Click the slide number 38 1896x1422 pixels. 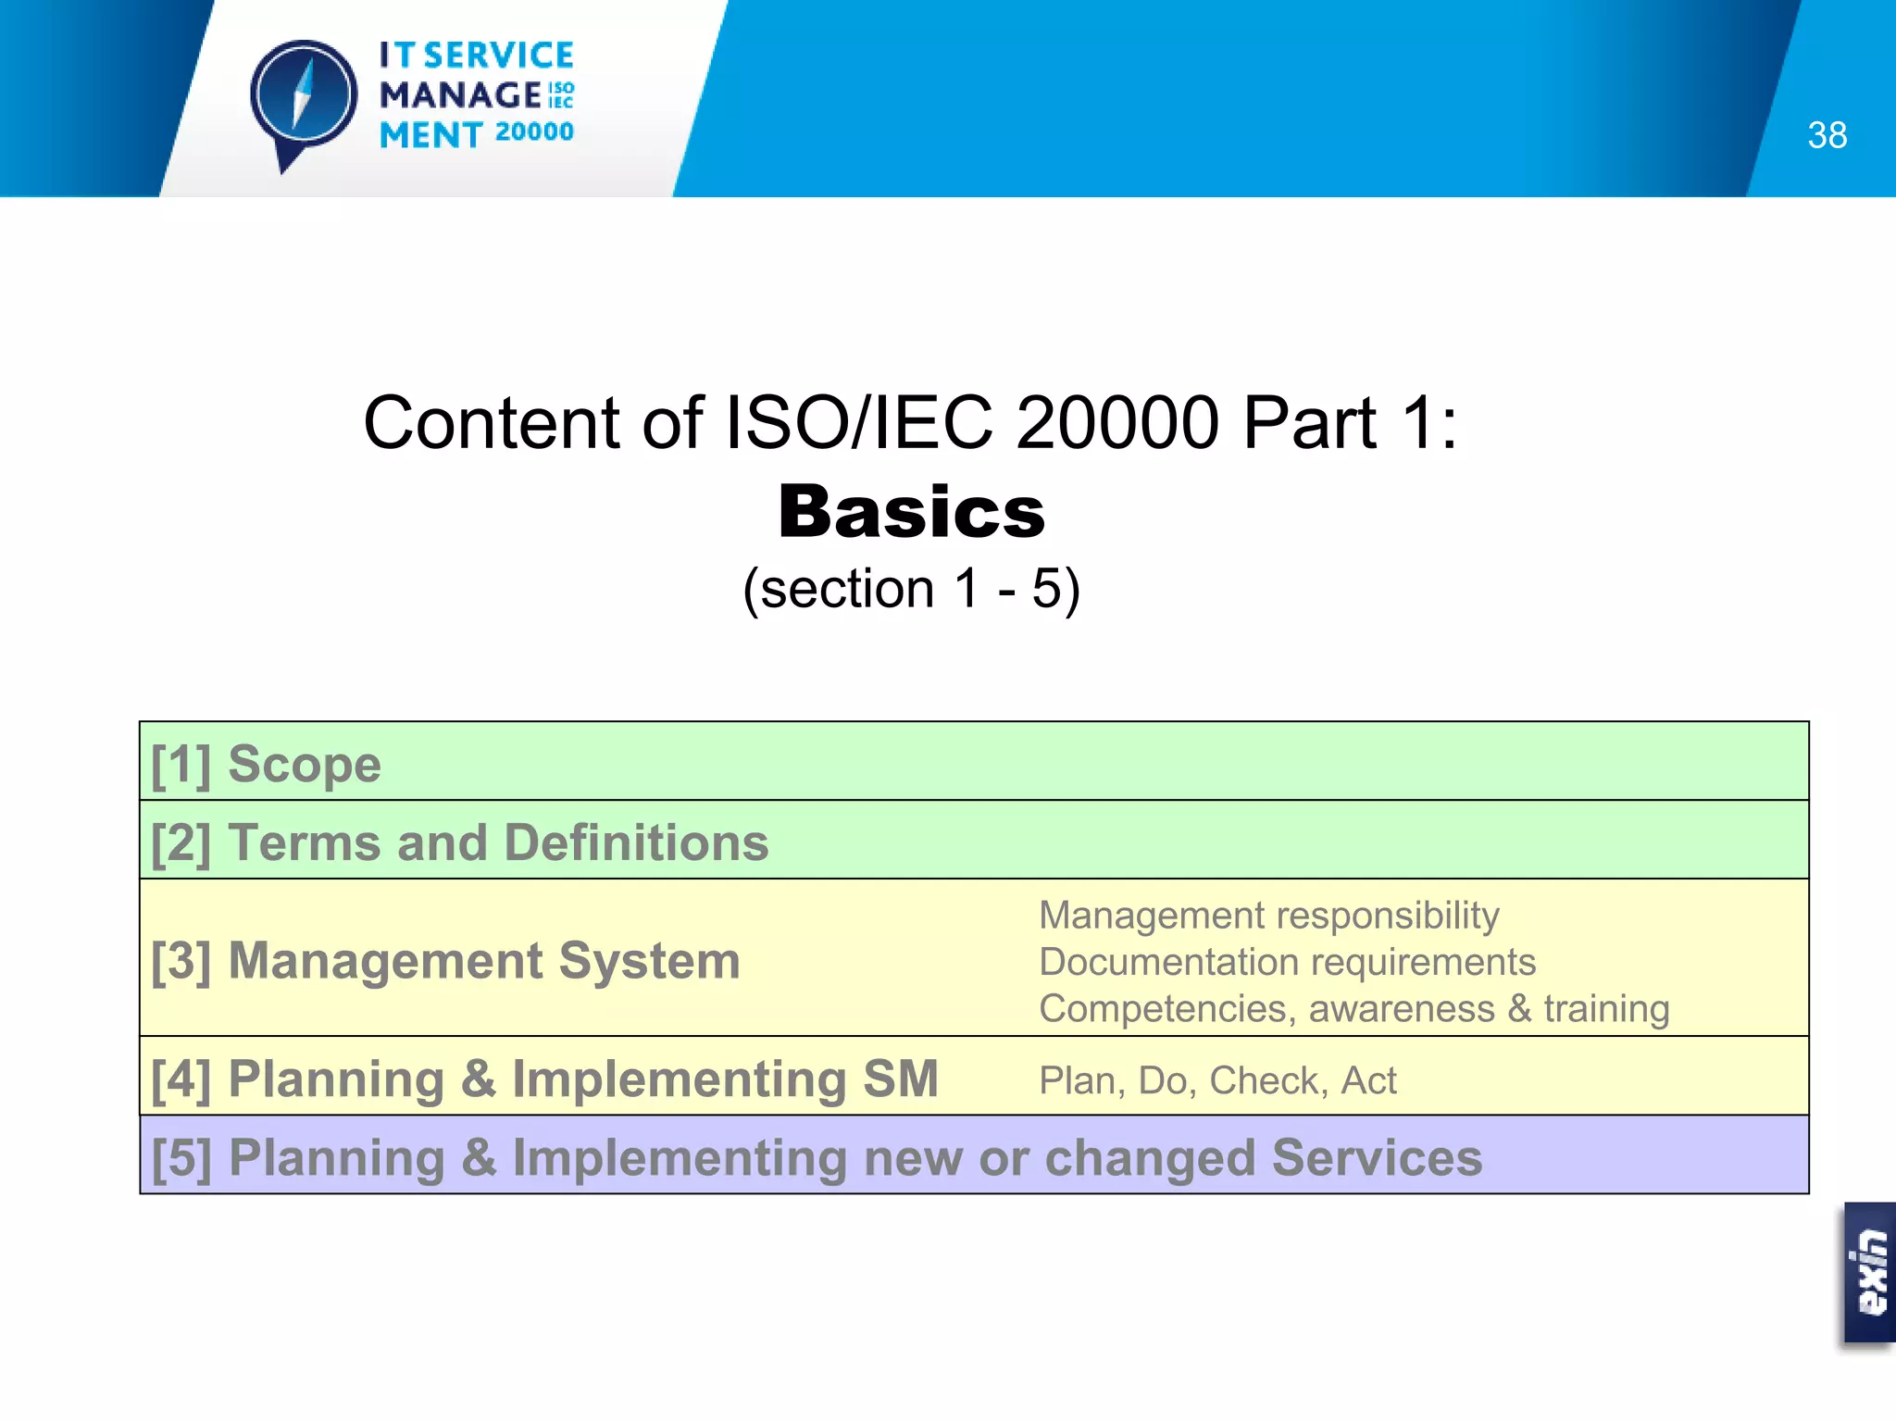1827,135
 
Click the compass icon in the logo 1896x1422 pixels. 304,96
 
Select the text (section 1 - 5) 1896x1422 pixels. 912,589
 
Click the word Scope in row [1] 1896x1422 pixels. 305,764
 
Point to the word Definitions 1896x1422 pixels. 636,842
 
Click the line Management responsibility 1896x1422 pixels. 1268,915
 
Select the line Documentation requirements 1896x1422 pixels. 1287,962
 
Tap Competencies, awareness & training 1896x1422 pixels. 1353,1008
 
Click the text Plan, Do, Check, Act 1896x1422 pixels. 1217,1080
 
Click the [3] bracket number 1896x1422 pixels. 181,961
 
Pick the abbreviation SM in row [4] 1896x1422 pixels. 900,1079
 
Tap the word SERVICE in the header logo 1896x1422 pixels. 499,56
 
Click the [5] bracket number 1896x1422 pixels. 181,1158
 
